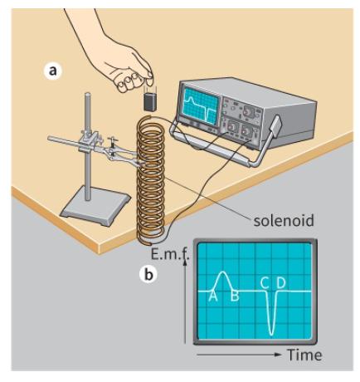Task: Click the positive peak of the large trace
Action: coord(222,273)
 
